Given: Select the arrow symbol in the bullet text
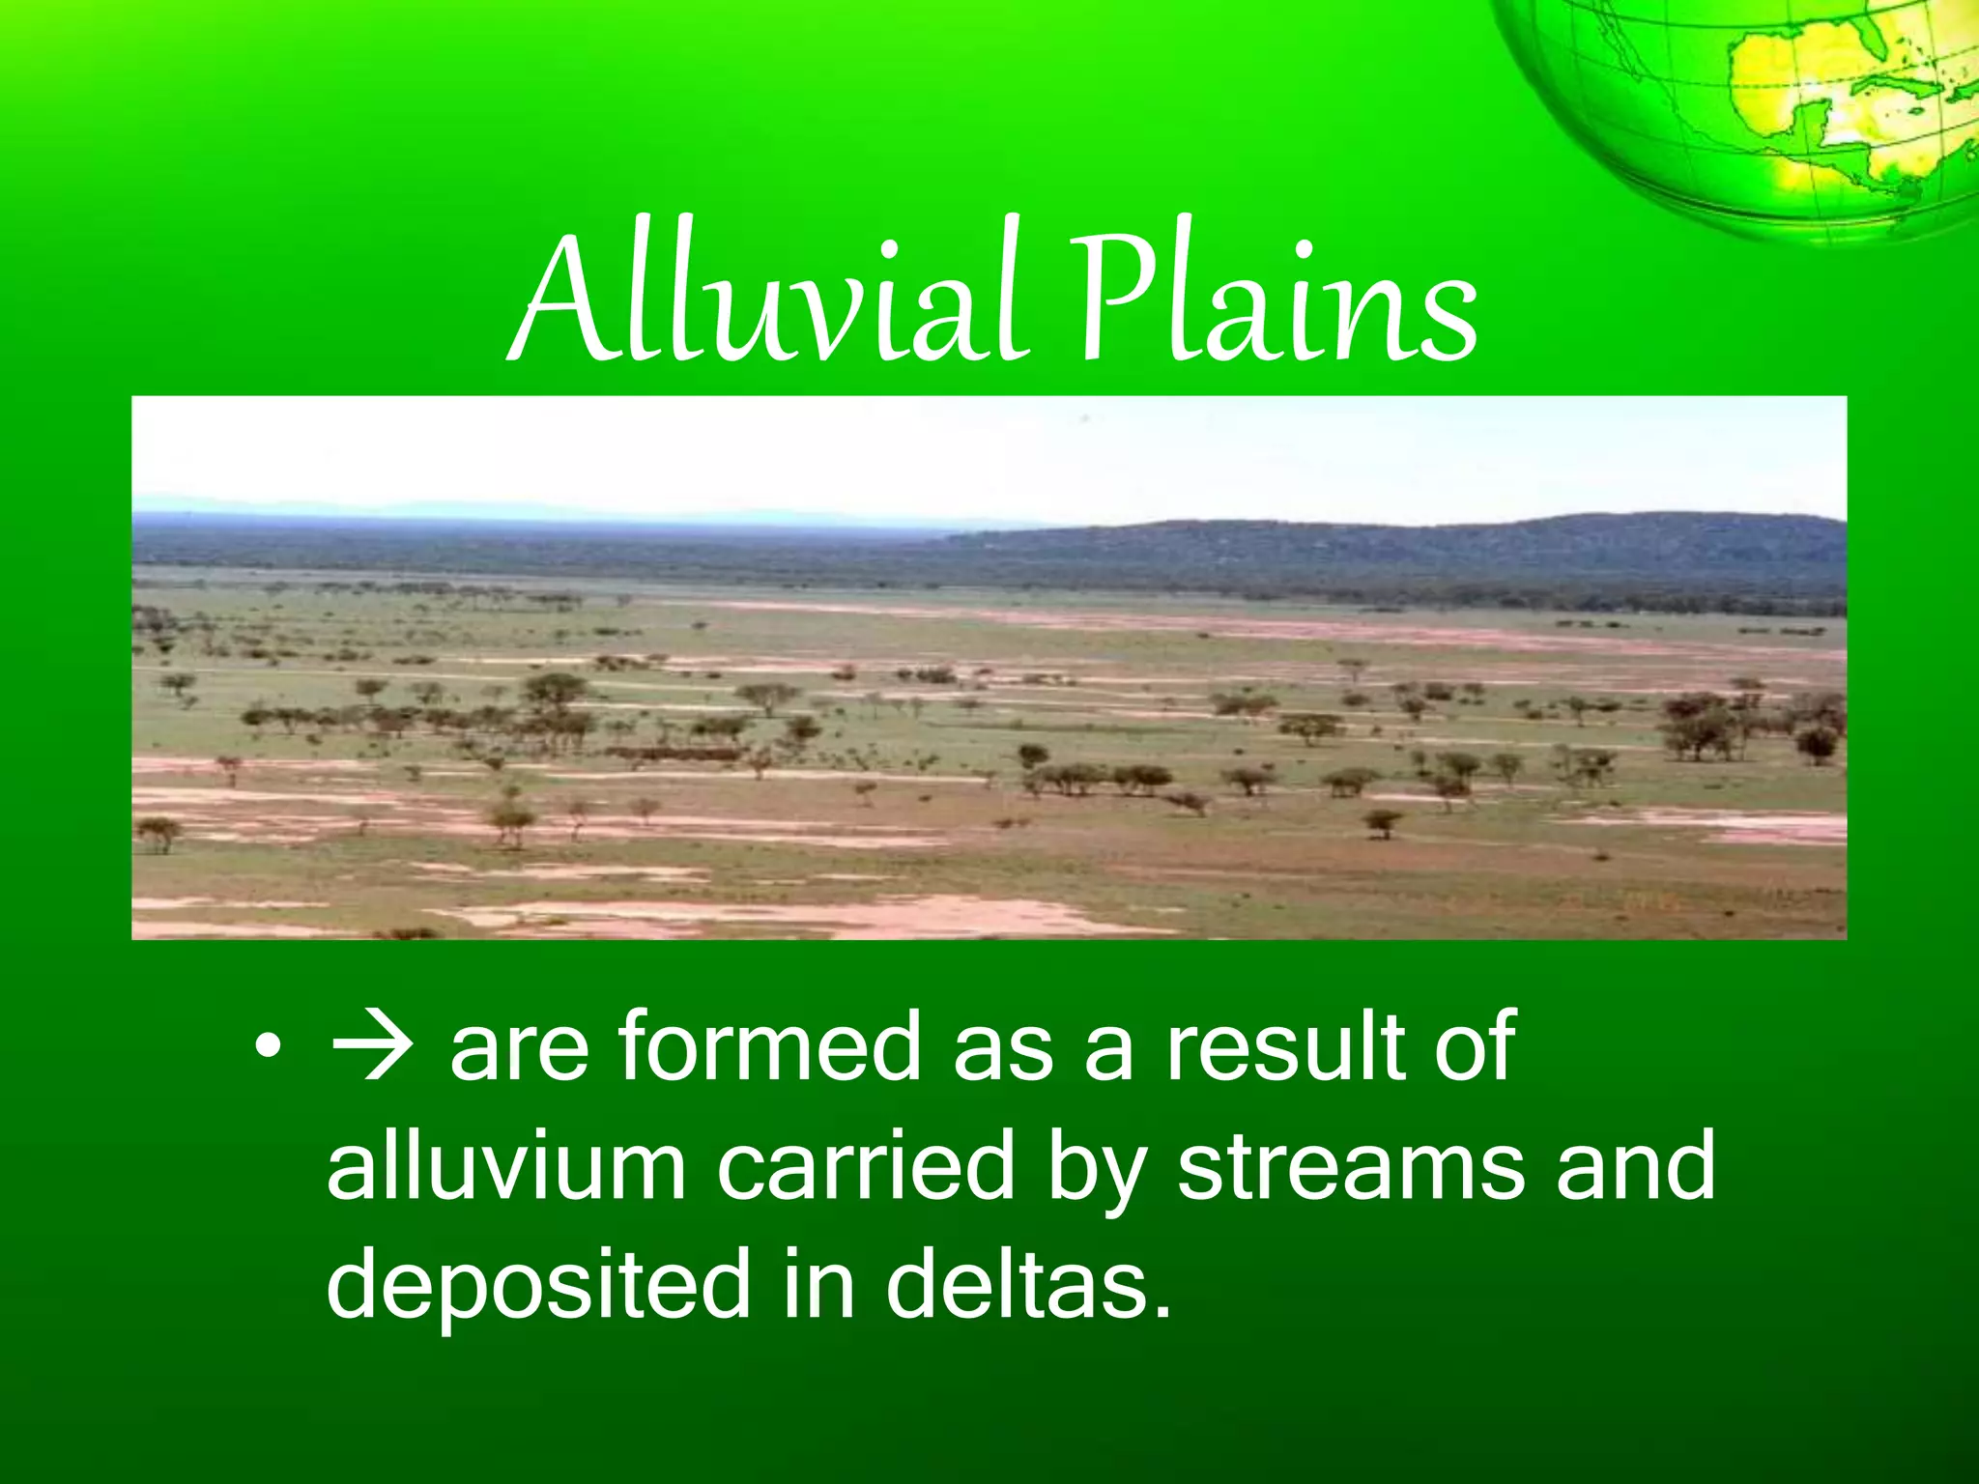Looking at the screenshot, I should click(x=372, y=1046).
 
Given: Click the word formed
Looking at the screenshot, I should click(x=769, y=1046).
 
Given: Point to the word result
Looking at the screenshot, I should click(x=1285, y=1046).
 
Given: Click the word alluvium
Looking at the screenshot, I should click(x=506, y=1167).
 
